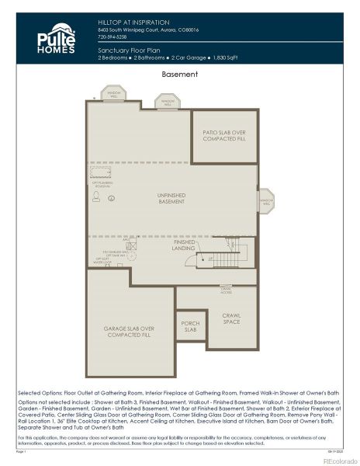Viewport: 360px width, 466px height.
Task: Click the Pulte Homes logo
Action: [57, 38]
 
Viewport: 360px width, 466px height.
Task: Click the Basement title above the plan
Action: [180, 75]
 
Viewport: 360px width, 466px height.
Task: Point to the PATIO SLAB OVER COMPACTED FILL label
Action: [224, 135]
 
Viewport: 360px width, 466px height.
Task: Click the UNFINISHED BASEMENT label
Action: [171, 198]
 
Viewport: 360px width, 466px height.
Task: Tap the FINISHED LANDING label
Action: [184, 245]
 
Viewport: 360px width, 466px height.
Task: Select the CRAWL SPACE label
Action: [231, 318]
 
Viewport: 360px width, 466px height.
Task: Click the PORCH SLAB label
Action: [190, 327]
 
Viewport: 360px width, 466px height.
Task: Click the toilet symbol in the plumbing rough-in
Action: [95, 199]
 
